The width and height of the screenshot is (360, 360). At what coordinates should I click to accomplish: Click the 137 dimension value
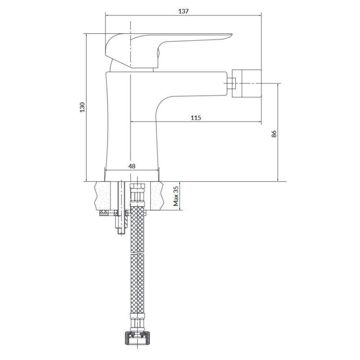[x=183, y=11]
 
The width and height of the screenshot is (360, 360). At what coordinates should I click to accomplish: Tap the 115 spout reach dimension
[x=195, y=118]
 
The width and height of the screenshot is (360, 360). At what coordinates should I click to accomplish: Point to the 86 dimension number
[x=274, y=133]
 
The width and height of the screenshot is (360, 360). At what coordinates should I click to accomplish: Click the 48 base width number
[x=132, y=166]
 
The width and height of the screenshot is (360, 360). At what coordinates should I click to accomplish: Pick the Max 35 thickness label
[x=176, y=196]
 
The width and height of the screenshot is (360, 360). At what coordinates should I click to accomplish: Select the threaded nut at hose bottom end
[x=136, y=338]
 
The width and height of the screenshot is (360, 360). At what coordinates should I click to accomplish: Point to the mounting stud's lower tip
[x=121, y=231]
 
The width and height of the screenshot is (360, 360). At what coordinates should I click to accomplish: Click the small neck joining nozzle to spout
[x=232, y=83]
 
